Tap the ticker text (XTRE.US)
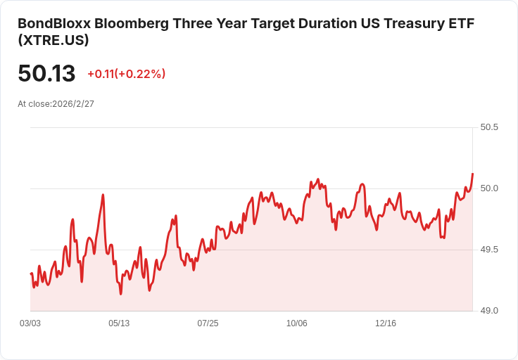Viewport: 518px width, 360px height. [53, 41]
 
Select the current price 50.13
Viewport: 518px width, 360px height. [46, 74]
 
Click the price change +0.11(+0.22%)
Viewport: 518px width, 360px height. [126, 74]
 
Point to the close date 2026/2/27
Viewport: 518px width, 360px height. [73, 104]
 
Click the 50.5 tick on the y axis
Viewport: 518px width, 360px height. [489, 128]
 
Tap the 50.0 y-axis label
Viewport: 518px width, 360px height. [489, 188]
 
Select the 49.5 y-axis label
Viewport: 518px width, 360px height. [489, 250]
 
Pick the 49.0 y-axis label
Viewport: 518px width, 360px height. [489, 311]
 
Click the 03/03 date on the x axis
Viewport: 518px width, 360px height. [30, 323]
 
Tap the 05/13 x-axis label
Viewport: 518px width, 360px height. [119, 323]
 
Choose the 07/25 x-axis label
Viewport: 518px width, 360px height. [208, 323]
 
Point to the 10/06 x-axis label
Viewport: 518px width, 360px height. [297, 323]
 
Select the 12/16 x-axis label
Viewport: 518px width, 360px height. [386, 323]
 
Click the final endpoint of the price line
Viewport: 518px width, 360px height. [472, 173]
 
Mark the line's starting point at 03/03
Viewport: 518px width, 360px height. [31, 274]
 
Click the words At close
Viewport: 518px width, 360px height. [33, 104]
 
